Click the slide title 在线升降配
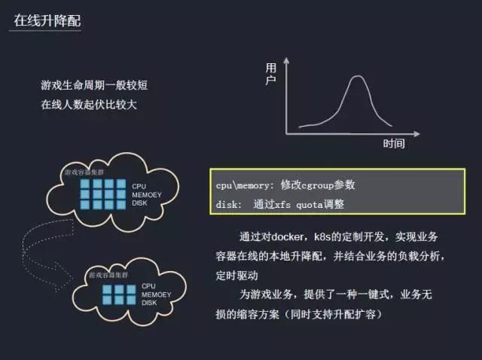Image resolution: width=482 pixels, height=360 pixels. [47, 20]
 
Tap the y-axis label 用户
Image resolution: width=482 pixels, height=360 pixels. [271, 75]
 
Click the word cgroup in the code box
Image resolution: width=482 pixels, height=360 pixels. [317, 185]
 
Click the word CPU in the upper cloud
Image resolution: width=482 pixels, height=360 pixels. [139, 186]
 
